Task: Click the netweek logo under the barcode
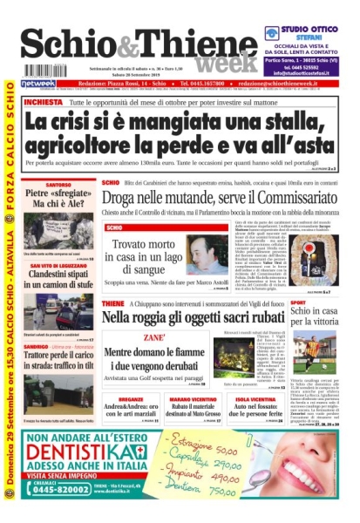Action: click(38, 84)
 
